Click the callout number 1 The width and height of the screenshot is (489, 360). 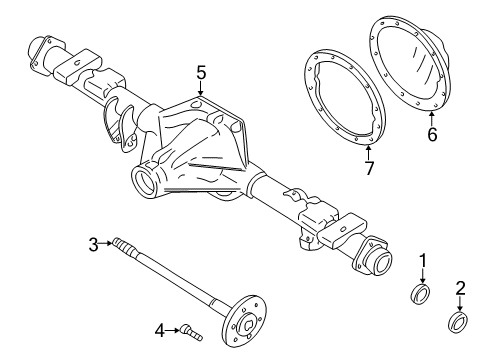423,262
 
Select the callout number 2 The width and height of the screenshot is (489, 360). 462,290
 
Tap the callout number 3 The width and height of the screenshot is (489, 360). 93,243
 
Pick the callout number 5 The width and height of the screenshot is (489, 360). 201,72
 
